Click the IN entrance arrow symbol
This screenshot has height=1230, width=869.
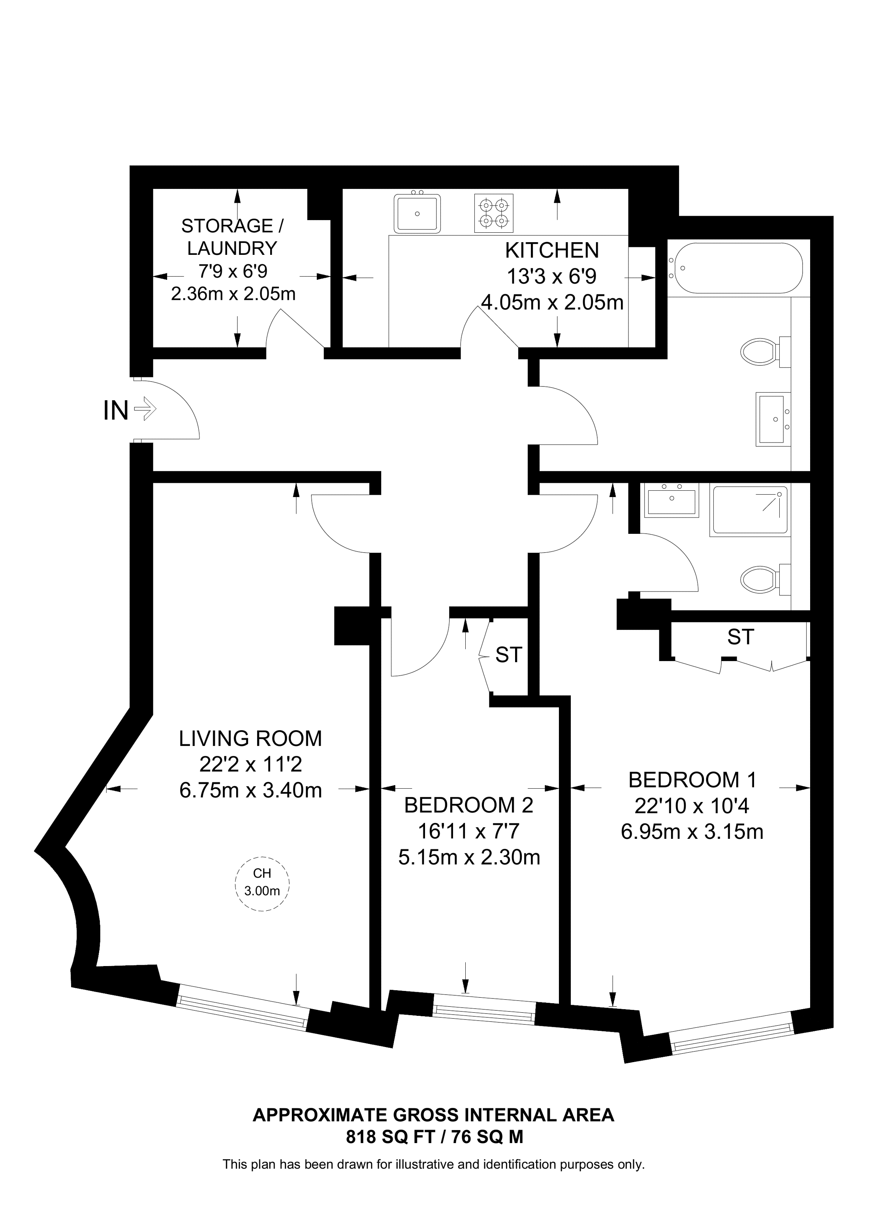145,411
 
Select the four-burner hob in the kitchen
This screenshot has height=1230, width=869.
494,213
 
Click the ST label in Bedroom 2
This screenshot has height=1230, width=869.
508,655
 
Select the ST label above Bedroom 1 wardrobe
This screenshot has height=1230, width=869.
741,637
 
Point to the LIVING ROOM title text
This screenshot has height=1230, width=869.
250,739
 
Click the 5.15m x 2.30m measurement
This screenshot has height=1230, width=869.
469,858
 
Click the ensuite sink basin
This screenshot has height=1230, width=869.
671,500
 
